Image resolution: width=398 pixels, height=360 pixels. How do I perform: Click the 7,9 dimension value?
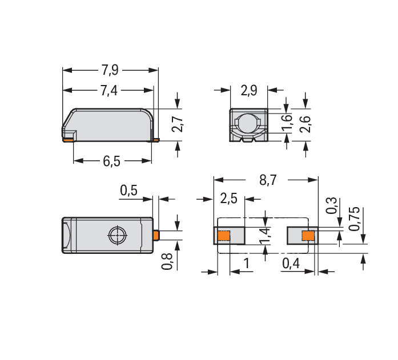(110, 70)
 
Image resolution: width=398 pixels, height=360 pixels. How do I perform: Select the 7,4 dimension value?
(109, 91)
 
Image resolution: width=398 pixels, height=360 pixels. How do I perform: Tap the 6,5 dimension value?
(112, 161)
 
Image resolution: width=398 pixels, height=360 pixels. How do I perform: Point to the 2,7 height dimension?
(178, 124)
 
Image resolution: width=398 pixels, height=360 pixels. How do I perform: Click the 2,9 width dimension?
(249, 91)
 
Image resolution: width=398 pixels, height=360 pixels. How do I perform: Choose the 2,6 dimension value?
(305, 124)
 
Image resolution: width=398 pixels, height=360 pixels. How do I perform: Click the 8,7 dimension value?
(268, 180)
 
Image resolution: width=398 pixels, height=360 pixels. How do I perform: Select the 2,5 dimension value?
(229, 198)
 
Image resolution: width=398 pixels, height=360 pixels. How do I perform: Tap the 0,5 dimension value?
(128, 191)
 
